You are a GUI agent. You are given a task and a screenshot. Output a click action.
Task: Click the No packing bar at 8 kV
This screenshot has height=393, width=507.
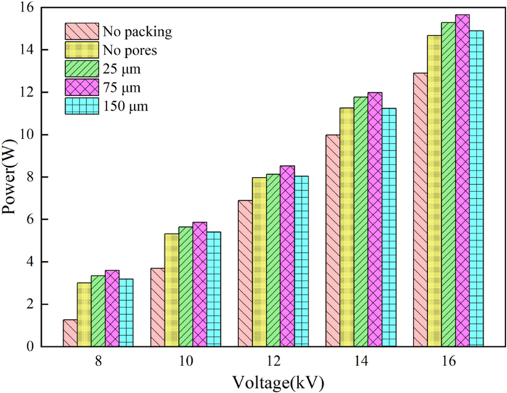(70, 333)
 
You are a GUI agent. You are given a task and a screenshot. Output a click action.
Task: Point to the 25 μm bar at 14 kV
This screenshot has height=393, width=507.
(361, 222)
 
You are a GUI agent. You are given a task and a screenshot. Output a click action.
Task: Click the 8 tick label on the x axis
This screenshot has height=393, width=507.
(98, 360)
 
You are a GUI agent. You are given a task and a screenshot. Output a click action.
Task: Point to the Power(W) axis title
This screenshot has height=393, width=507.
(10, 178)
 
